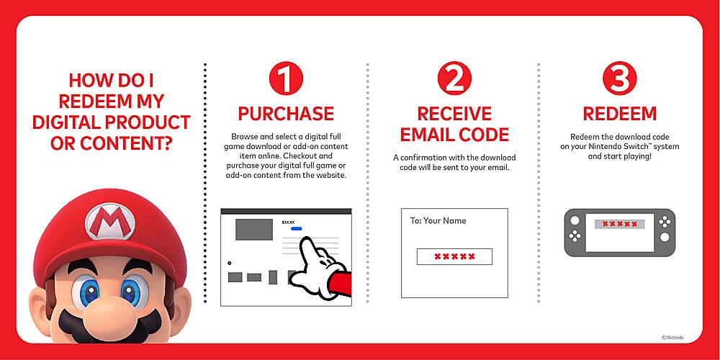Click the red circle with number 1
286,80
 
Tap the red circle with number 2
454,80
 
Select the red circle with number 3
619,80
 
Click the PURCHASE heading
286,114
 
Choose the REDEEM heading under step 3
619,114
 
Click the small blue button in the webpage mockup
297,228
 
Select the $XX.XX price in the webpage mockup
289,222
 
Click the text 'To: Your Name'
438,221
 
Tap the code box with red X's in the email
454,256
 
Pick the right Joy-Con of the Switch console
664,232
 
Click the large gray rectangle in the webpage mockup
254,229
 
